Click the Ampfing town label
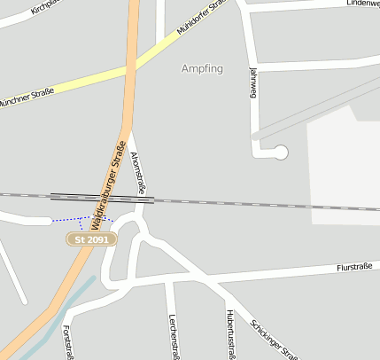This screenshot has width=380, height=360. click(202, 68)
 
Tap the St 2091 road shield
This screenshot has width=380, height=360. click(92, 239)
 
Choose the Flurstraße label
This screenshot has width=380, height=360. click(353, 266)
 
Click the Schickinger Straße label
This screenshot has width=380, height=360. click(275, 340)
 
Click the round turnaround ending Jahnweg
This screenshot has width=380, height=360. click(282, 153)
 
